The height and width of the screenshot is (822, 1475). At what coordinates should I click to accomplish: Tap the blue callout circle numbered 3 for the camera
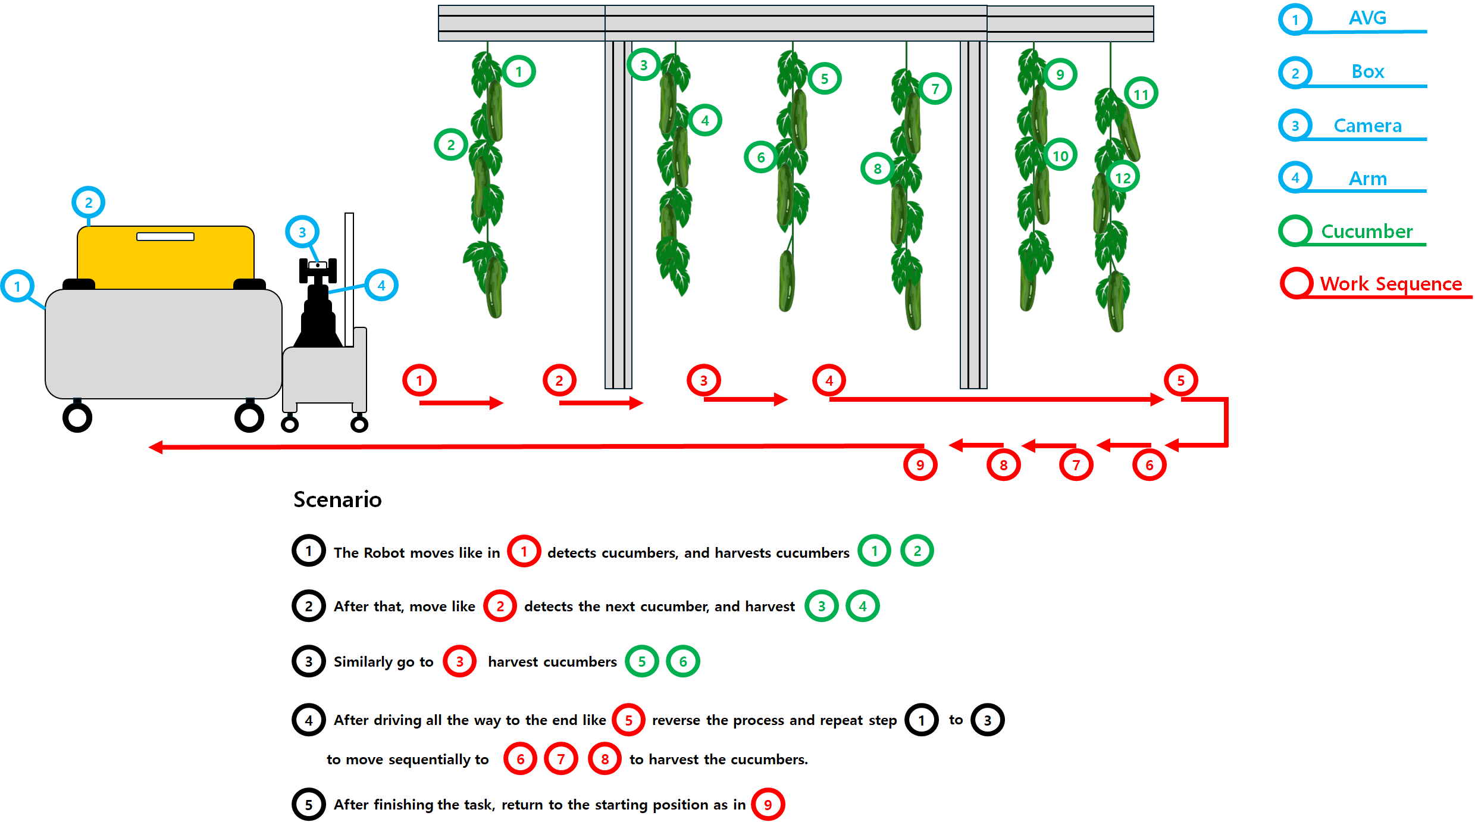(x=302, y=232)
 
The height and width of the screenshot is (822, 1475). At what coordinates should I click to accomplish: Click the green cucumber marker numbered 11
(x=1141, y=94)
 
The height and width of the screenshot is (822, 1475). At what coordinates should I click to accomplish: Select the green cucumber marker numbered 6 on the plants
(x=760, y=157)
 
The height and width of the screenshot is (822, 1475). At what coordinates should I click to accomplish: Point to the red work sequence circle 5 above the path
(x=1180, y=380)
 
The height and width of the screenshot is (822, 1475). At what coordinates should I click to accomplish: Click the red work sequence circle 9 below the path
(x=920, y=465)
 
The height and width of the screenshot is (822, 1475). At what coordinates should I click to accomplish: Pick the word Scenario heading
(x=337, y=499)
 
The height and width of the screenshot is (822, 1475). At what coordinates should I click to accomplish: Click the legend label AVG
(x=1367, y=18)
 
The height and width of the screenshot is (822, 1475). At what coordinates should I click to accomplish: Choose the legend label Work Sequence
(x=1391, y=283)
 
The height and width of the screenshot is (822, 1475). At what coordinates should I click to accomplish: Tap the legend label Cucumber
(x=1367, y=231)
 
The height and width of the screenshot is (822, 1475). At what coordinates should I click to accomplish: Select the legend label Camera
(x=1367, y=126)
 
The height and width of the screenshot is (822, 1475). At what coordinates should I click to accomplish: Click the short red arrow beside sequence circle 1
(x=461, y=403)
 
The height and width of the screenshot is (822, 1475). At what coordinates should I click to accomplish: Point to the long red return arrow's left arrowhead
(x=156, y=447)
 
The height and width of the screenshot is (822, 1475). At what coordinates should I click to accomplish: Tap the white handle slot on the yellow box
(x=165, y=236)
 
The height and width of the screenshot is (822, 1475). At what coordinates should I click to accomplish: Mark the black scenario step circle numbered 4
(x=308, y=720)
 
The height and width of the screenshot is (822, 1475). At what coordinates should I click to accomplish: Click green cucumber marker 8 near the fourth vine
(x=877, y=169)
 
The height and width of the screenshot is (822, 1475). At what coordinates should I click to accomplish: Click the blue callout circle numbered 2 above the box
(x=88, y=202)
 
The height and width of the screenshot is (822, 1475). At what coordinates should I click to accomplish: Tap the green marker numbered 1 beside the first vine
(x=518, y=71)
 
